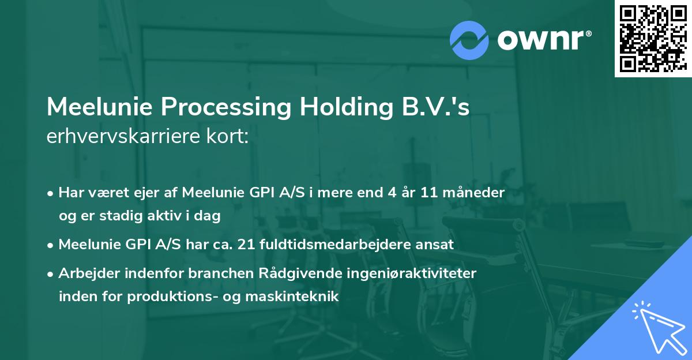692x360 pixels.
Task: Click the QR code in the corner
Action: [653, 38]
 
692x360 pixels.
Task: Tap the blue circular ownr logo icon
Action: [469, 40]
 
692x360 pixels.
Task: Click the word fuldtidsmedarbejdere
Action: [334, 245]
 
